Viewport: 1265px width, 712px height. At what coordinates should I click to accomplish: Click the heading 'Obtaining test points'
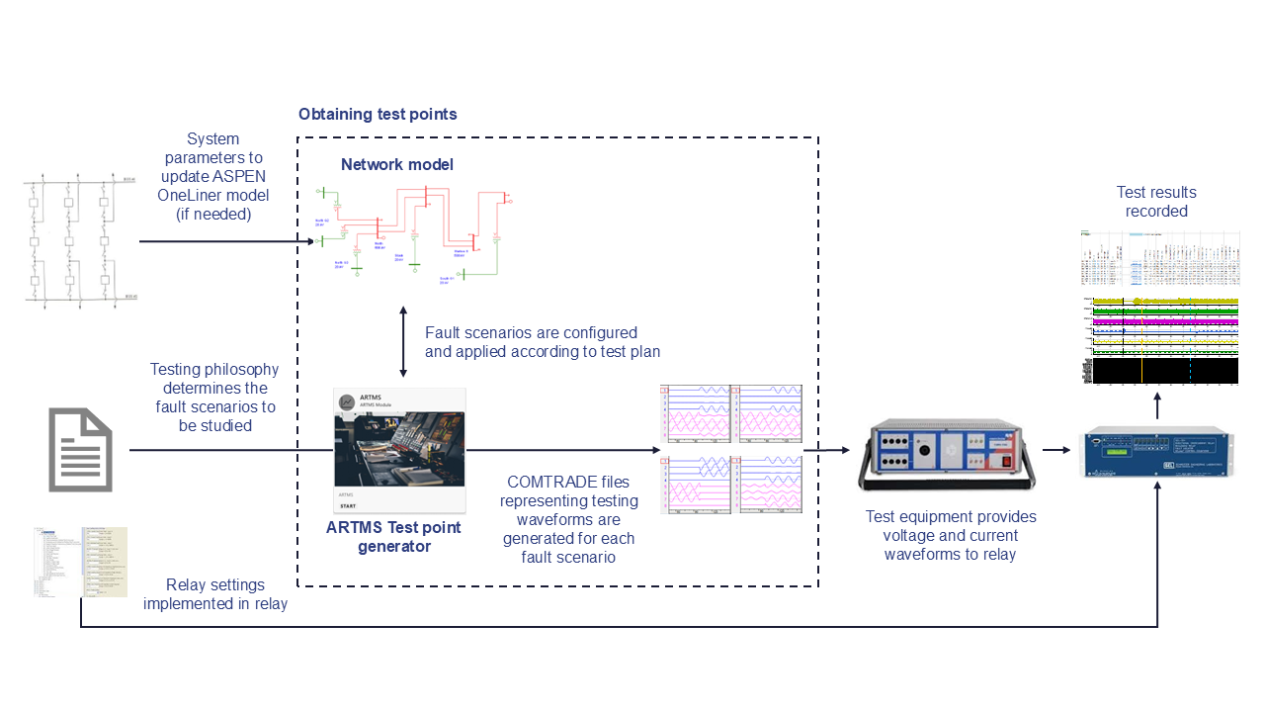[x=378, y=115]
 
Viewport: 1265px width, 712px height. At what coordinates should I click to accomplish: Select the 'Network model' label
[x=397, y=164]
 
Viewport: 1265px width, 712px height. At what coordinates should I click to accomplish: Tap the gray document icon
[x=80, y=450]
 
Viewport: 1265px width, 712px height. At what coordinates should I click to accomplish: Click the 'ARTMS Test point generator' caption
[x=393, y=536]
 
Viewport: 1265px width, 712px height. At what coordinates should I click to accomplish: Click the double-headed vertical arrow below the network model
[x=403, y=341]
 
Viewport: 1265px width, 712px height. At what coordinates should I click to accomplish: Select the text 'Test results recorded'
[x=1156, y=202]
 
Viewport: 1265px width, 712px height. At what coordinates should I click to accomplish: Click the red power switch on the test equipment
[x=1007, y=458]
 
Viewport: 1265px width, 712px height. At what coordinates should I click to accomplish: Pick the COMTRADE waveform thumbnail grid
[x=730, y=448]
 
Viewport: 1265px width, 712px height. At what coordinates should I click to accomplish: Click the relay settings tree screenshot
[x=80, y=563]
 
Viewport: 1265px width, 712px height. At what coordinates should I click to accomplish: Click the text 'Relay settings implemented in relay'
[x=215, y=593]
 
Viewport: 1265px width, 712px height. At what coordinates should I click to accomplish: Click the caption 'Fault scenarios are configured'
[x=531, y=333]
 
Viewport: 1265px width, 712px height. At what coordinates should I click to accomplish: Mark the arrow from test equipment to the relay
[x=1057, y=450]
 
